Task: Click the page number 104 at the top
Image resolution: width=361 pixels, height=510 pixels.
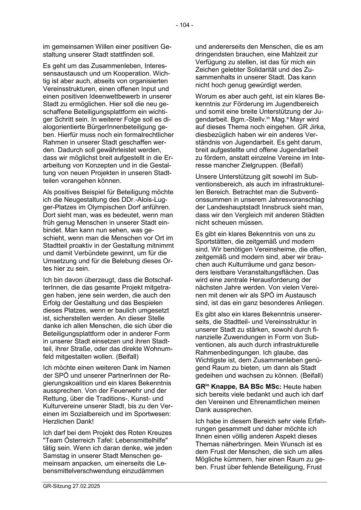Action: point(184,25)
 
